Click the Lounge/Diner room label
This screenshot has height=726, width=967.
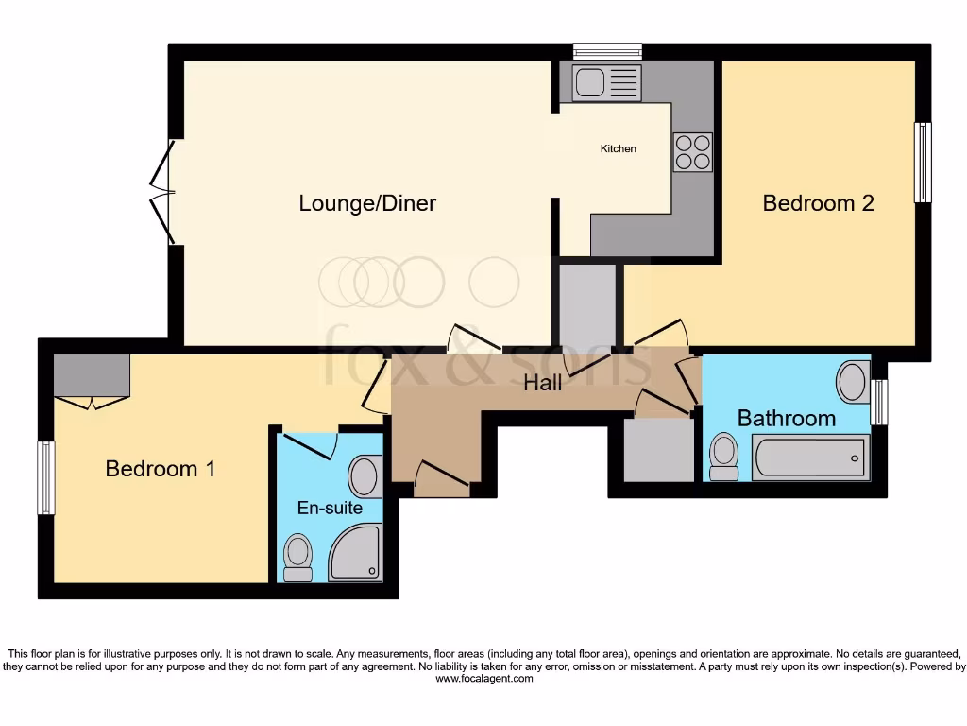point(367,203)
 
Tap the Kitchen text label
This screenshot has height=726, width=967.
point(619,148)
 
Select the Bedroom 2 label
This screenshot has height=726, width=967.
point(818,203)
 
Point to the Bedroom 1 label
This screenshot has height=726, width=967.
point(160,469)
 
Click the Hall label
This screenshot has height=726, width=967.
point(543,383)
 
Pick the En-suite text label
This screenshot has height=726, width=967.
point(324,509)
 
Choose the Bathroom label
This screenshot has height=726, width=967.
point(786,418)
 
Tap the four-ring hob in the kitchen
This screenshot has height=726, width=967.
point(692,152)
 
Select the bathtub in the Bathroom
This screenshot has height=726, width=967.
point(809,458)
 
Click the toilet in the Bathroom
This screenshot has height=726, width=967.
point(725,454)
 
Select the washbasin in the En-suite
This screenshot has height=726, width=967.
point(364,476)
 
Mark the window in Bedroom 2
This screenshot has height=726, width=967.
point(922,162)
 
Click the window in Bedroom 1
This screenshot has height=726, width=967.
point(45,477)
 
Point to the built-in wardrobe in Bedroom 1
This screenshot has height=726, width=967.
point(92,376)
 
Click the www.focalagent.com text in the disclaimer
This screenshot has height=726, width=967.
point(483,679)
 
